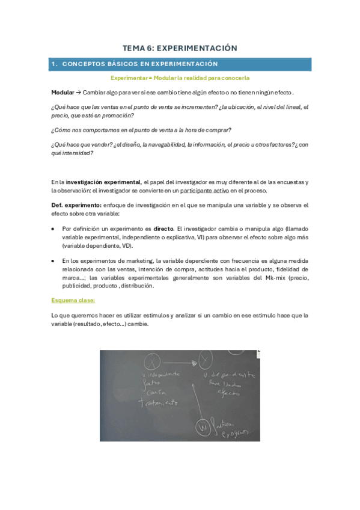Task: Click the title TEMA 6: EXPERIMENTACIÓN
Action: (x=180, y=48)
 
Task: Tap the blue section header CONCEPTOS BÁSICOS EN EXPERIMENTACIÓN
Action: (x=140, y=64)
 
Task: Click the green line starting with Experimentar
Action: (x=180, y=78)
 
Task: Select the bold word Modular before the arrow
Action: (x=62, y=92)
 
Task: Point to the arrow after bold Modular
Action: (x=78, y=92)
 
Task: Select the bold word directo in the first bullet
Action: (x=163, y=229)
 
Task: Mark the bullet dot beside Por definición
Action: (x=54, y=229)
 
